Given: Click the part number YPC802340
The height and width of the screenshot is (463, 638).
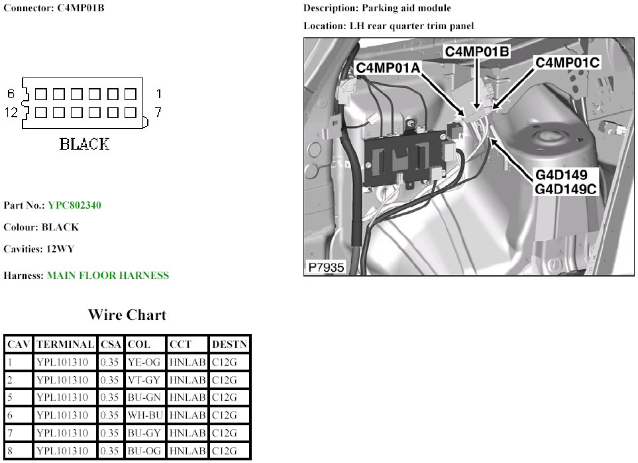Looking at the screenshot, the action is [x=74, y=205].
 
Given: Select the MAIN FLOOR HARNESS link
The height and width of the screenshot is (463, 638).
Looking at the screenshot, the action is [x=108, y=276].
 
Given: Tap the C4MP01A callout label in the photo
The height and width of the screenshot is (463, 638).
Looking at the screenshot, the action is [x=388, y=68].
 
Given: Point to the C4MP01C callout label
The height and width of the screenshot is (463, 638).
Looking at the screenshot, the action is [x=567, y=62].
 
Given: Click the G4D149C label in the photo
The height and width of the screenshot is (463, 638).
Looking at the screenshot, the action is [x=565, y=189].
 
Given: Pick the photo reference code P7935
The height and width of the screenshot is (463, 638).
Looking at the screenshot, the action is [x=327, y=268].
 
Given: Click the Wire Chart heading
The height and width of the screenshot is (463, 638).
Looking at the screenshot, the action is [x=127, y=315].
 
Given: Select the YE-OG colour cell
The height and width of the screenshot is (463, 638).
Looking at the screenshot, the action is [x=144, y=362].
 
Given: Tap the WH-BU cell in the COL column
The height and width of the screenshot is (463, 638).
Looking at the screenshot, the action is [x=145, y=415].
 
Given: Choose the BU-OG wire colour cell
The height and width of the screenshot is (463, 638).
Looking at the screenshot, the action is [x=144, y=451].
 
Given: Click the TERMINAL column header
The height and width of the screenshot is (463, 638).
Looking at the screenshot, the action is [x=65, y=344].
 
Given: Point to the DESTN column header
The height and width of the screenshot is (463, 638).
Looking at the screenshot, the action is [x=229, y=344].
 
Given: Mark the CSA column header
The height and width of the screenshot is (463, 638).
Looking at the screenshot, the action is [x=111, y=344].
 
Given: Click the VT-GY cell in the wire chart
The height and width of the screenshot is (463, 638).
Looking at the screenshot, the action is [x=144, y=380].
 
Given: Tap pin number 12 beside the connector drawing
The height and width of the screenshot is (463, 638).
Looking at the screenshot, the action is [x=11, y=112].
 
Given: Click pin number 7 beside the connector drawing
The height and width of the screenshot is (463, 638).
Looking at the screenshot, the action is [x=158, y=112].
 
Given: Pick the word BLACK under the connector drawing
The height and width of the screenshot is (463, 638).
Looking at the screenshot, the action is [x=84, y=144].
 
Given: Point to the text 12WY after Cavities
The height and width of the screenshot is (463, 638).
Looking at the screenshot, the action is [x=60, y=249].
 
